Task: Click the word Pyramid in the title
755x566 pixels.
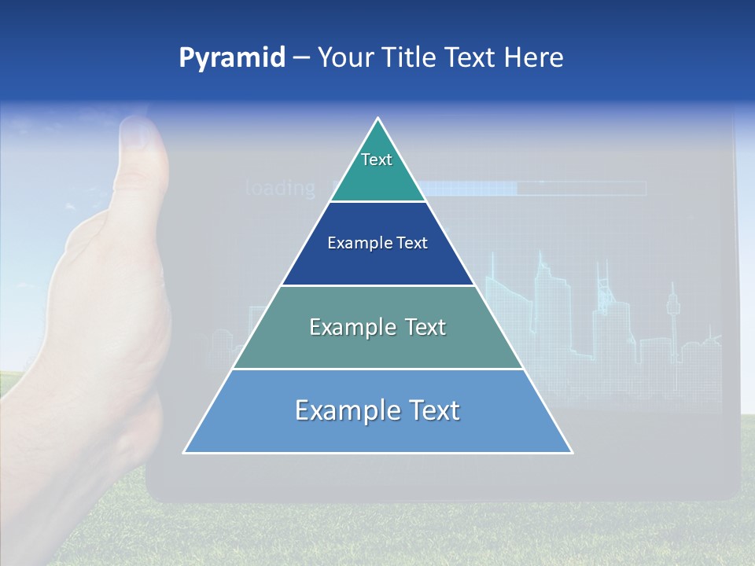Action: point(232,57)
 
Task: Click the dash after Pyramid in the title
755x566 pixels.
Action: point(301,59)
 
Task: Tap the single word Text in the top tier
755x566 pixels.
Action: point(377,160)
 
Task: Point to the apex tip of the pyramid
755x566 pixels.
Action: point(378,119)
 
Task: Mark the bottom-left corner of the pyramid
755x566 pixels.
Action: point(185,452)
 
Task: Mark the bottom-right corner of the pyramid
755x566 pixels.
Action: point(571,452)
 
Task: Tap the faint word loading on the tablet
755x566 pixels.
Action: point(280,188)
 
